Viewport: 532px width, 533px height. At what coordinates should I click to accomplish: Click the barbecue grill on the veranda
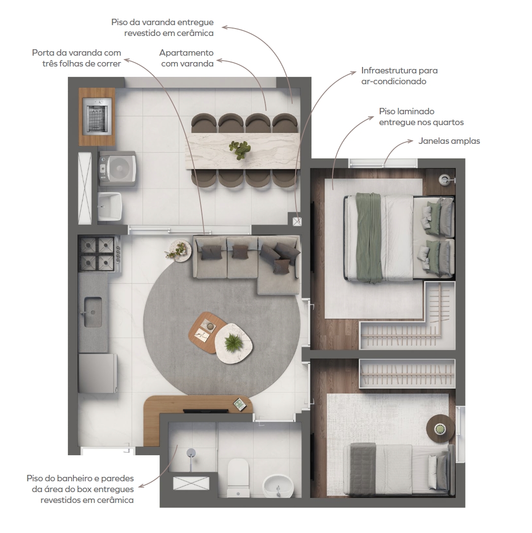click(97, 115)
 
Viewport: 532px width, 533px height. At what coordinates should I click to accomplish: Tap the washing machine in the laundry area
click(118, 168)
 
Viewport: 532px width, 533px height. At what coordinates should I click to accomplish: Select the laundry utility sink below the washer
click(109, 206)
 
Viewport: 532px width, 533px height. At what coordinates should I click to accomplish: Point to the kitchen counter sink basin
click(93, 312)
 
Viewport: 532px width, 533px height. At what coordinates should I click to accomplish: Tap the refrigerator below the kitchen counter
click(98, 373)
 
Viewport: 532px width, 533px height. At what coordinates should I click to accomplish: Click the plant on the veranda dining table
click(240, 150)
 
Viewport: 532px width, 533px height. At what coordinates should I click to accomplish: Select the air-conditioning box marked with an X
click(297, 222)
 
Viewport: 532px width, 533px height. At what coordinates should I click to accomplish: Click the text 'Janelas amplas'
click(449, 141)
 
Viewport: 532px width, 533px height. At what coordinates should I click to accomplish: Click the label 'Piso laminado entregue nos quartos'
click(421, 117)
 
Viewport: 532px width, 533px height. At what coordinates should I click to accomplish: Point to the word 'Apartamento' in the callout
click(186, 53)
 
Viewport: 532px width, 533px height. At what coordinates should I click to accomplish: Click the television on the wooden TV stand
click(206, 411)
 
